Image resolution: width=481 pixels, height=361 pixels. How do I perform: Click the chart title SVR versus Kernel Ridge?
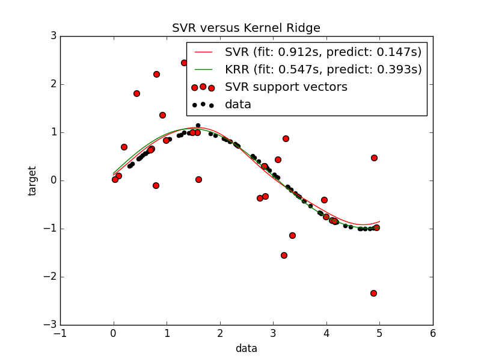click(x=246, y=28)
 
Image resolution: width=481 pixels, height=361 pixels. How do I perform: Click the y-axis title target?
click(x=32, y=180)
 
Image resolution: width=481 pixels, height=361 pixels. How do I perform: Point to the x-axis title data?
click(x=246, y=348)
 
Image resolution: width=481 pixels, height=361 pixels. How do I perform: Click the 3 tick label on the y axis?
click(x=53, y=36)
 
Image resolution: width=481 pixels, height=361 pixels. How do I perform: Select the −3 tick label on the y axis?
click(x=50, y=325)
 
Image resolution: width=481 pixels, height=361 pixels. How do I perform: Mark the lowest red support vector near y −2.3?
click(x=373, y=293)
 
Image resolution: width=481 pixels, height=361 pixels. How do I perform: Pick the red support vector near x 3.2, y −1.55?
click(x=284, y=255)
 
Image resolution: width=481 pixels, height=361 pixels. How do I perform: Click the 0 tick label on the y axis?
click(x=53, y=180)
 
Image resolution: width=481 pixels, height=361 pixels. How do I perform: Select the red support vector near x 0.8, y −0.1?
click(x=156, y=185)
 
